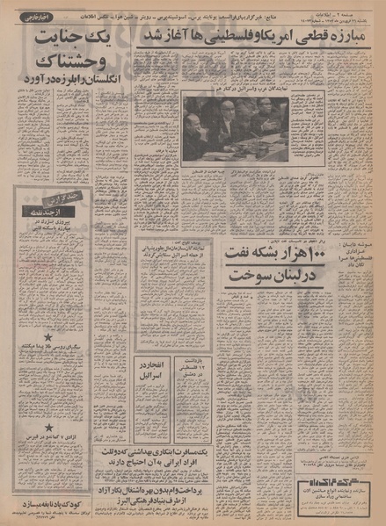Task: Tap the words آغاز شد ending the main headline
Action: click(x=160, y=36)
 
